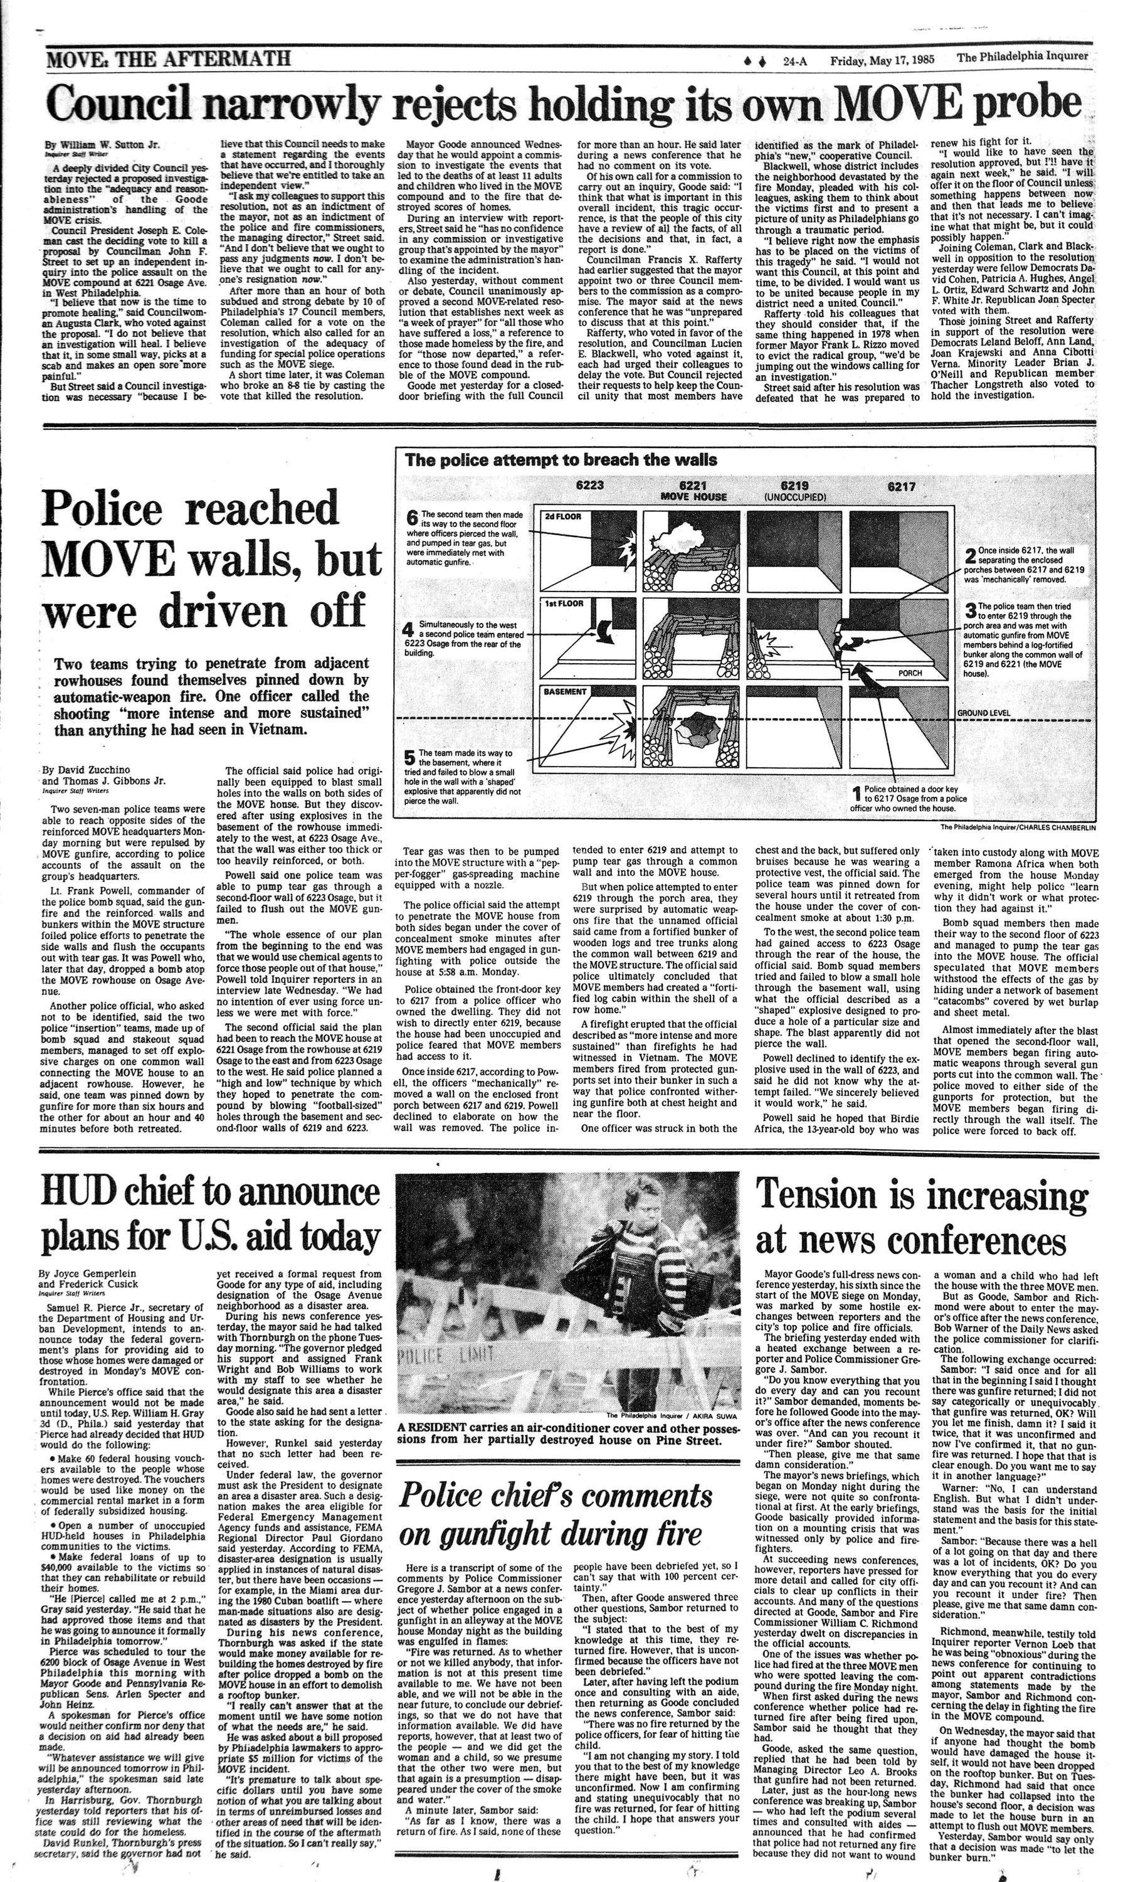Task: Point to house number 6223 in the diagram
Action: pos(590,486)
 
